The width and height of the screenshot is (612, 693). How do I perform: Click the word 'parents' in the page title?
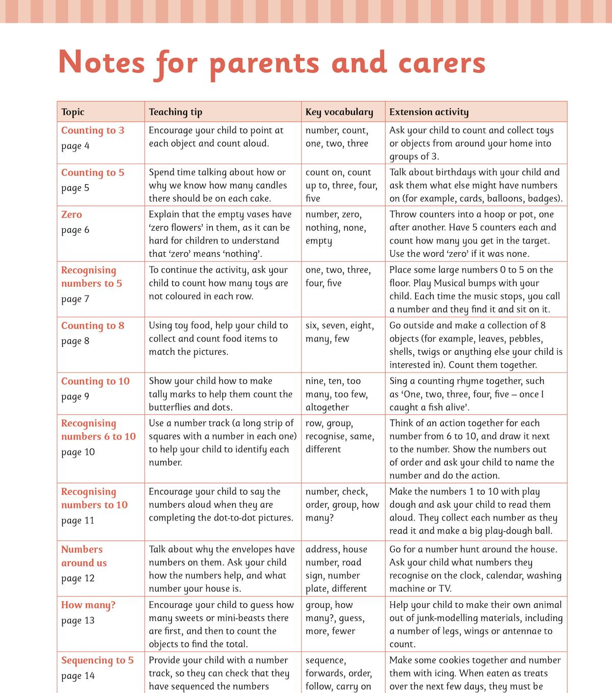(264, 63)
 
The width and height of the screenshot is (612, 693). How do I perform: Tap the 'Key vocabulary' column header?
(339, 112)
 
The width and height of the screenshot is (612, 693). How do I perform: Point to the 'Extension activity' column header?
(429, 112)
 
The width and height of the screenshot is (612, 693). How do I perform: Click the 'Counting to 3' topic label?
(93, 130)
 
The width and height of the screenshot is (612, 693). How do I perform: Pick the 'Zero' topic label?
(71, 214)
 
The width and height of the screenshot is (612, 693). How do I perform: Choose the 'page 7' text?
(75, 299)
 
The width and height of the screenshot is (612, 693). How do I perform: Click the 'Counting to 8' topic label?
(93, 326)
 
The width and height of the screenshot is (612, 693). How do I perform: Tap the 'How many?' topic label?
(88, 605)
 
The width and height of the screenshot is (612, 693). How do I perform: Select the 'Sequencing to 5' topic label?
(97, 660)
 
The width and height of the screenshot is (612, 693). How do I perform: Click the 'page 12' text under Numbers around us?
(78, 578)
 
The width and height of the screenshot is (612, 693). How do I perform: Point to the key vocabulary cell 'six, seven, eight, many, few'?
(339, 332)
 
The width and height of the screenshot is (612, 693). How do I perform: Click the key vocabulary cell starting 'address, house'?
(336, 568)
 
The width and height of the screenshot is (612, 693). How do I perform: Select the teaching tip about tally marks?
(220, 394)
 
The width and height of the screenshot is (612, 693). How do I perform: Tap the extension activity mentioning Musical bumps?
(474, 289)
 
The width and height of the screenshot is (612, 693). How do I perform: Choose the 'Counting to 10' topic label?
(95, 381)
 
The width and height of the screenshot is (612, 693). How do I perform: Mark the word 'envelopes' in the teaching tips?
(250, 549)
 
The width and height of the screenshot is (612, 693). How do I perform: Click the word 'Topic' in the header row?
(73, 112)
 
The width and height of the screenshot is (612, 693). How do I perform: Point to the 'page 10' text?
(78, 452)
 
